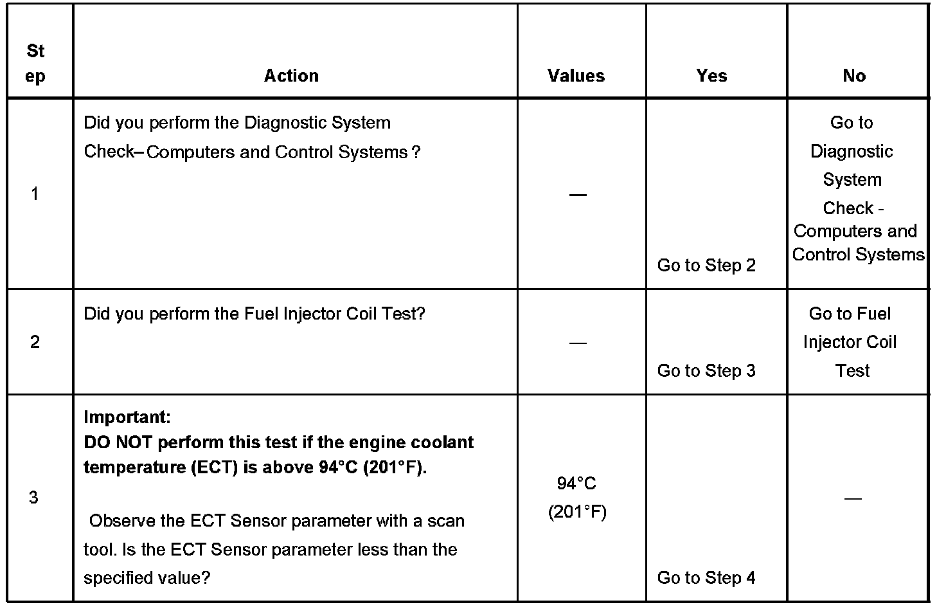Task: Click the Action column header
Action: click(x=291, y=76)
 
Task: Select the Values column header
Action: click(x=576, y=76)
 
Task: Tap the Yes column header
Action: click(x=711, y=76)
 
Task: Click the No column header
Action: click(x=854, y=76)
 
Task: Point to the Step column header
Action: click(x=36, y=63)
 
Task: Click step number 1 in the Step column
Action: click(x=35, y=194)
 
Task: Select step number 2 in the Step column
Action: click(x=35, y=341)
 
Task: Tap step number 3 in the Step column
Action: click(x=34, y=497)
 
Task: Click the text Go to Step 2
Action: click(x=706, y=265)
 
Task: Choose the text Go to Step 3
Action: click(x=706, y=370)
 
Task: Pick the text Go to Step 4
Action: click(x=706, y=577)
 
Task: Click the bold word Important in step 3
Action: click(x=127, y=417)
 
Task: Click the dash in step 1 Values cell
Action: click(x=578, y=194)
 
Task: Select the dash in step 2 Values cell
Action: click(x=578, y=343)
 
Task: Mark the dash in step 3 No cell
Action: click(x=853, y=498)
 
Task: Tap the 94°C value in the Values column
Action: click(x=577, y=484)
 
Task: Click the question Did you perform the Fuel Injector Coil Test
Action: click(x=254, y=314)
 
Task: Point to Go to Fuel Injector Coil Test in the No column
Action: click(x=850, y=342)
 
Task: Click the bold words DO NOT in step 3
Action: click(x=118, y=442)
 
